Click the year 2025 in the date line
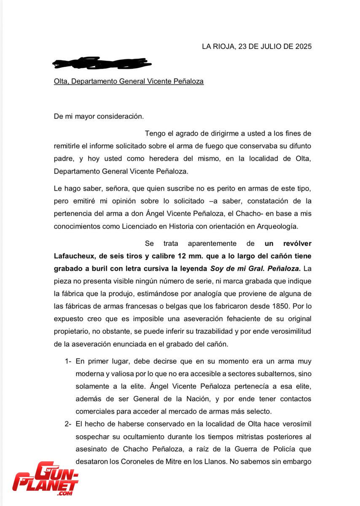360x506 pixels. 301,46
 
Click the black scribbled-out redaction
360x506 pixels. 101,63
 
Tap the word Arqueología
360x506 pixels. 275,226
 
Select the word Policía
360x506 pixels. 276,449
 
